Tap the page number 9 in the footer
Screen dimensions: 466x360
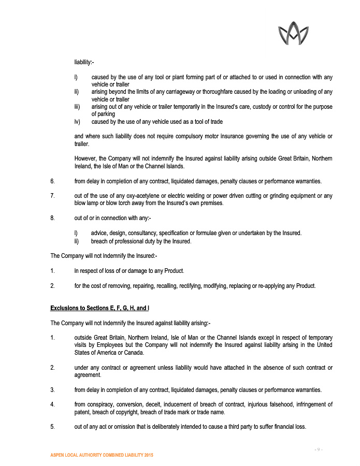319,448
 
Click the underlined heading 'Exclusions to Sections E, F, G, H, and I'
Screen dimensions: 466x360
99,308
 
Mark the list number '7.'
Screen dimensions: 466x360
52,196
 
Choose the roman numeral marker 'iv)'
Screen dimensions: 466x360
78,122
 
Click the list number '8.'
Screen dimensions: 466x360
52,218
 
